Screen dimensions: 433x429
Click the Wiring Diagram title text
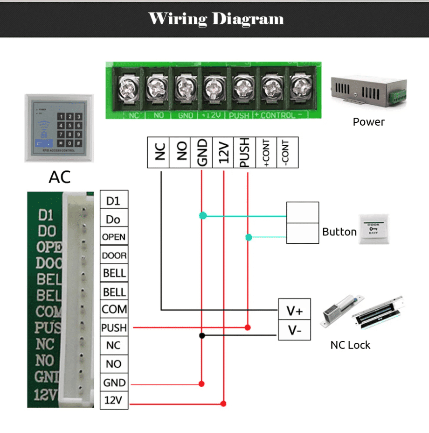point(216,19)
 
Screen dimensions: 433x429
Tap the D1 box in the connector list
point(114,201)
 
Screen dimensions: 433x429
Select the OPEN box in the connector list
point(114,237)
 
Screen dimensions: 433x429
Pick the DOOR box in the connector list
point(114,256)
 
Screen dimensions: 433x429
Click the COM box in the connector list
point(114,309)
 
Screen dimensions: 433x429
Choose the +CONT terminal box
point(266,152)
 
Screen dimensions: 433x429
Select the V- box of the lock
point(294,331)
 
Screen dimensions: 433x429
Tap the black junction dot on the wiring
point(202,335)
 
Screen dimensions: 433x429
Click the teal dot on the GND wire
point(202,216)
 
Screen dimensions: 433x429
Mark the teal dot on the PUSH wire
point(249,237)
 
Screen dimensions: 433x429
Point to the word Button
point(339,232)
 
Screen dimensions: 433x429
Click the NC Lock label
point(350,345)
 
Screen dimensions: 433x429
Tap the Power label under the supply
point(368,122)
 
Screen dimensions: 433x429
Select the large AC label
point(60,177)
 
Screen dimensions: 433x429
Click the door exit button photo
point(374,229)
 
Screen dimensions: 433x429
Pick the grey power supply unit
point(364,89)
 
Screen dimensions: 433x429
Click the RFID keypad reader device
point(59,128)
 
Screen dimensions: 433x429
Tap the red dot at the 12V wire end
point(223,404)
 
